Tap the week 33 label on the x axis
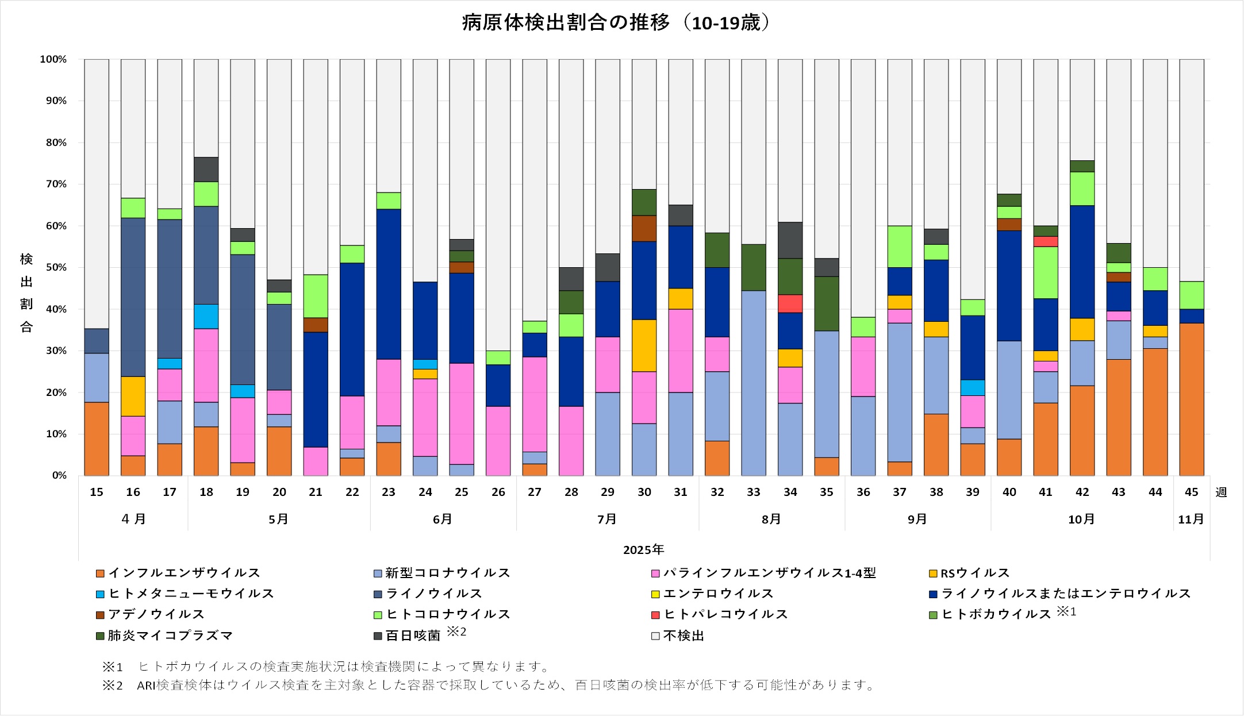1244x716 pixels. tap(753, 492)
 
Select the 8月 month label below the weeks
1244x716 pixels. tap(771, 519)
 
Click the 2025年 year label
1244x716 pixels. tap(643, 550)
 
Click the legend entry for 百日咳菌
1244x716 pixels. tap(412, 636)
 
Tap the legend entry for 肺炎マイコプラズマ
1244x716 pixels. tap(170, 636)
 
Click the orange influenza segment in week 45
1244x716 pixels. tap(1191, 399)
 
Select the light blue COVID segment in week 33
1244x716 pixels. tap(753, 383)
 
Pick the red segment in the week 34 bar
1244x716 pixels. tap(790, 303)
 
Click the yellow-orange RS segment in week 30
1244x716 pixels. tap(644, 345)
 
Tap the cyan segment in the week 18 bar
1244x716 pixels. tap(206, 317)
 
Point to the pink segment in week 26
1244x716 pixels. tap(498, 441)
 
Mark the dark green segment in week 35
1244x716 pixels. tap(826, 303)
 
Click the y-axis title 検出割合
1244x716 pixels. tap(26, 293)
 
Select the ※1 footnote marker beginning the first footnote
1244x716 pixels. tap(113, 667)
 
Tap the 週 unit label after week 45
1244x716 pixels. tap(1221, 492)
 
